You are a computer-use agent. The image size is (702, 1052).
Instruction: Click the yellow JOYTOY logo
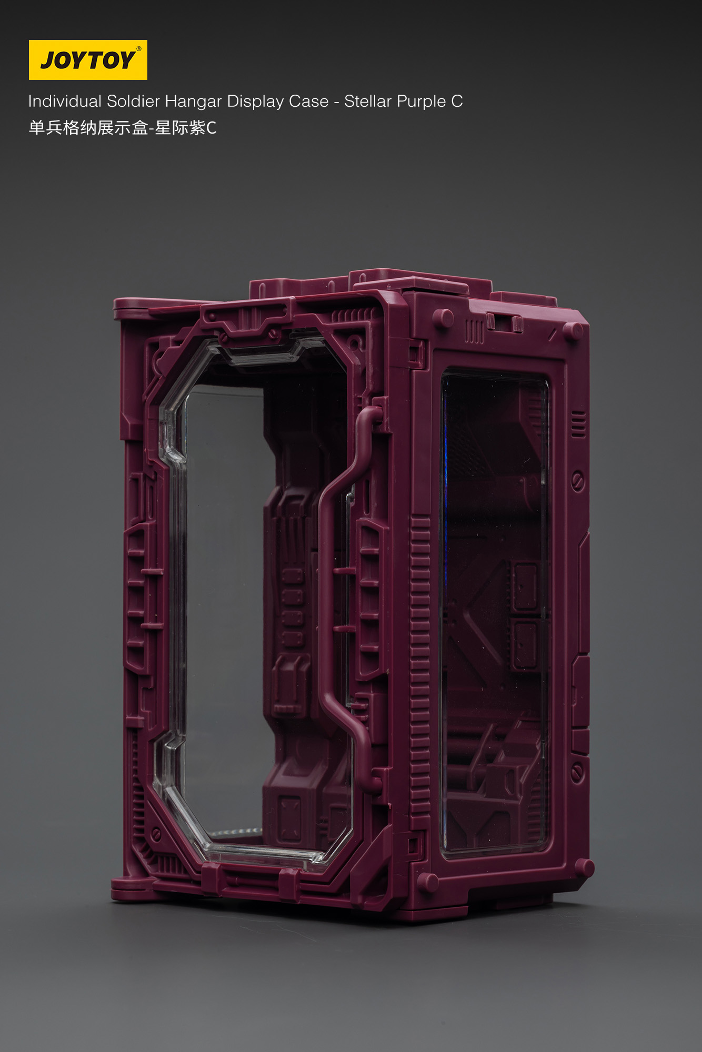(88, 60)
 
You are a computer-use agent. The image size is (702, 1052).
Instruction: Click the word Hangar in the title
(193, 101)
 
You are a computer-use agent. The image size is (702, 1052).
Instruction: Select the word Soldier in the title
(133, 101)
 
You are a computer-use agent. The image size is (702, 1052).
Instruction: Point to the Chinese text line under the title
(122, 128)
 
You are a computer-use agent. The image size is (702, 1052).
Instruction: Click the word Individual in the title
(65, 101)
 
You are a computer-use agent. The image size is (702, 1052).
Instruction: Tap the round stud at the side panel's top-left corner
(443, 318)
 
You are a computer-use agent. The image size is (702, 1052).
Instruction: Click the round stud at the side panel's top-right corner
(573, 330)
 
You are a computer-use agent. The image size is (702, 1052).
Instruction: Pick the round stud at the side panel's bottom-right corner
(584, 867)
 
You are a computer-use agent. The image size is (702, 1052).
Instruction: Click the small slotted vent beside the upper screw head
(578, 424)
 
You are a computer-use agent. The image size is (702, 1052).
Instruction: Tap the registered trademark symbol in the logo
(139, 49)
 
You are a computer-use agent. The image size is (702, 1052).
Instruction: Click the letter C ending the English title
(457, 101)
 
